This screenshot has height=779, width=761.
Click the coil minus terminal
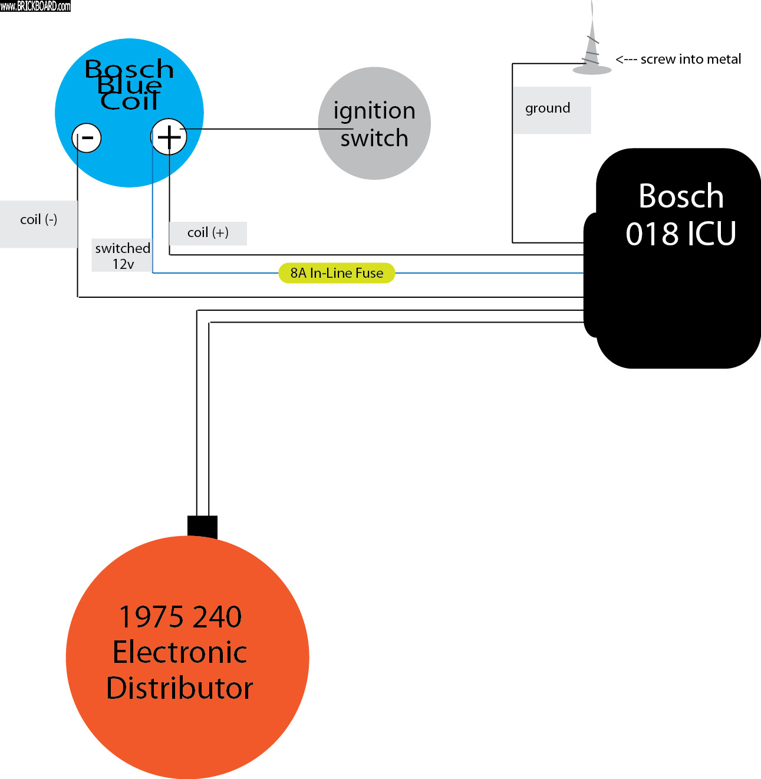87,139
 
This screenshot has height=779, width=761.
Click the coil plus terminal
169,137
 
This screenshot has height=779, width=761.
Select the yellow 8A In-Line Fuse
337,273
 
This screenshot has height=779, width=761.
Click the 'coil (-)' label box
38,223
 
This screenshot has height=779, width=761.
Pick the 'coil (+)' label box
207,233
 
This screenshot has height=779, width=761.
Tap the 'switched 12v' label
122,255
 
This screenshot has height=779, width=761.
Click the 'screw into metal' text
691,60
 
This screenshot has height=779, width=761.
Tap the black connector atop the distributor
202,526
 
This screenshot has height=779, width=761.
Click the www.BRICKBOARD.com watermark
35,6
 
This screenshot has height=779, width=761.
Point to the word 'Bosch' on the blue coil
129,69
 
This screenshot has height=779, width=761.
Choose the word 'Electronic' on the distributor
180,652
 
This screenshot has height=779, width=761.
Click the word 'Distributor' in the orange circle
180,688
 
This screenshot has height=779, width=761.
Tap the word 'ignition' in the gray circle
374,111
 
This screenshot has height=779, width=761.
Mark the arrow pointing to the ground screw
626,60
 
